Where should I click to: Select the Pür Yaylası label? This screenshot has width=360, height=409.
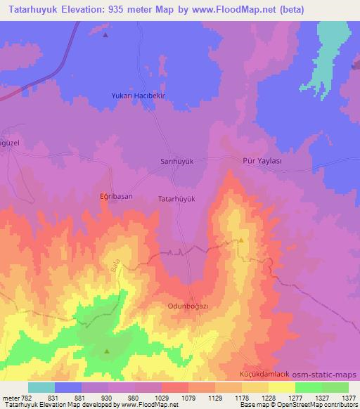point(262,160)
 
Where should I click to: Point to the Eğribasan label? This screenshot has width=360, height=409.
point(115,198)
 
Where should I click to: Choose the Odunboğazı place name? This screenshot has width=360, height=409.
point(189,306)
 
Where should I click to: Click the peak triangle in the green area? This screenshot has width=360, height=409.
point(107,351)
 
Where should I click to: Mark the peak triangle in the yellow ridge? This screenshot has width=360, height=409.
point(241,240)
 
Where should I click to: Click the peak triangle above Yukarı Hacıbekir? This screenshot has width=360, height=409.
point(105,34)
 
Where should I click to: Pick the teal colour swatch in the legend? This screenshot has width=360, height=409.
point(41,387)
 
